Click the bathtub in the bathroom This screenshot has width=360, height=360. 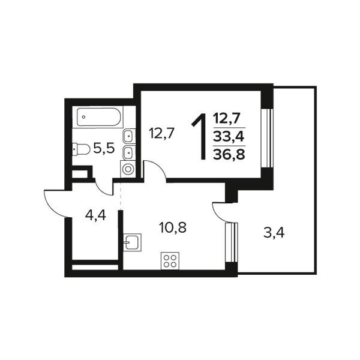[x=98, y=117]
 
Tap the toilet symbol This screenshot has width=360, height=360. [x=81, y=149]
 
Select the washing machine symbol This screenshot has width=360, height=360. [x=128, y=169]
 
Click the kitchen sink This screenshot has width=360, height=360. [x=132, y=242]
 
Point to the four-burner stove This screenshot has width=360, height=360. [x=170, y=261]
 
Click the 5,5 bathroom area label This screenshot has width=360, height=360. [x=104, y=149]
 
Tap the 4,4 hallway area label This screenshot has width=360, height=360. [x=95, y=215]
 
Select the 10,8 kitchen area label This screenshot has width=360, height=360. [x=172, y=228]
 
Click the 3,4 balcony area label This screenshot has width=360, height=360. [x=274, y=233]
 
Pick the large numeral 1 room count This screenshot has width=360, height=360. [x=200, y=137]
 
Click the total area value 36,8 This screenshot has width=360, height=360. [x=229, y=154]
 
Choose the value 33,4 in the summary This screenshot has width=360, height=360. [x=229, y=136]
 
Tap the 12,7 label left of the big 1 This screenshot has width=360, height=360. [x=162, y=133]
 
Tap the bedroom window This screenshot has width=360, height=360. [x=267, y=138]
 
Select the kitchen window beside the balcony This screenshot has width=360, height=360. [x=232, y=242]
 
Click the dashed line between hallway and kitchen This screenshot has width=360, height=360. [x=121, y=196]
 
